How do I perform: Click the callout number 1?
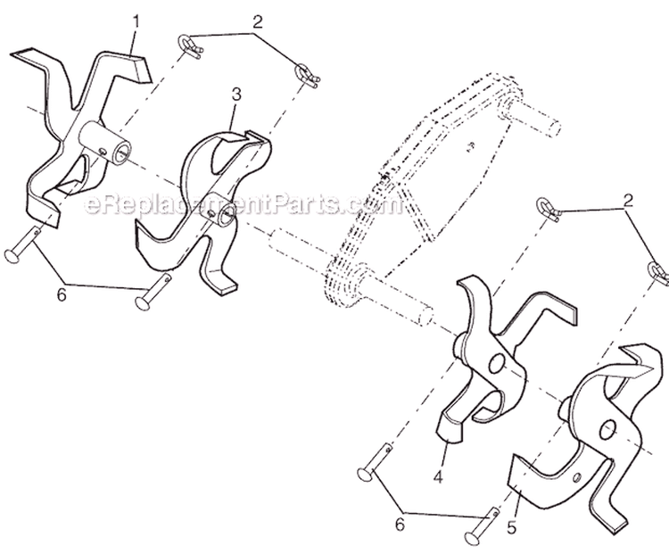(x=136, y=21)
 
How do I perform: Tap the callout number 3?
(x=236, y=94)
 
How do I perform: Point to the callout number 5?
(x=512, y=527)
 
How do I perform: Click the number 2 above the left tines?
(x=257, y=21)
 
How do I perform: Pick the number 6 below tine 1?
(x=62, y=295)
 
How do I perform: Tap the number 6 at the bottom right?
(x=400, y=525)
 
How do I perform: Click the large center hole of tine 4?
(x=497, y=363)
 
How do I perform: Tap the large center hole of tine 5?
(x=607, y=429)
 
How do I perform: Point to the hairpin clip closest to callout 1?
(x=189, y=46)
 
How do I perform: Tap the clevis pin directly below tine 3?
(x=153, y=293)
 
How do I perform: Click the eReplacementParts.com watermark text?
(x=244, y=205)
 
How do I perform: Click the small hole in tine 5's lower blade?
(x=577, y=477)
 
